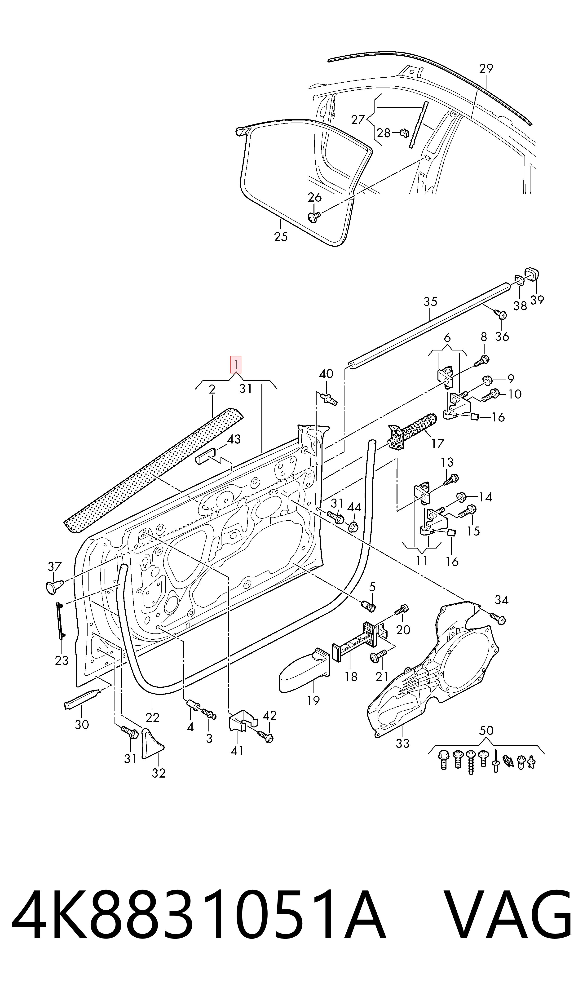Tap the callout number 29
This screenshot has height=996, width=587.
[x=486, y=68]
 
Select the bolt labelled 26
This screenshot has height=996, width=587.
[x=314, y=217]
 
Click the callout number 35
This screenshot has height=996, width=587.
[x=430, y=302]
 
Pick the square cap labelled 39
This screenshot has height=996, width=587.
[x=532, y=274]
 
